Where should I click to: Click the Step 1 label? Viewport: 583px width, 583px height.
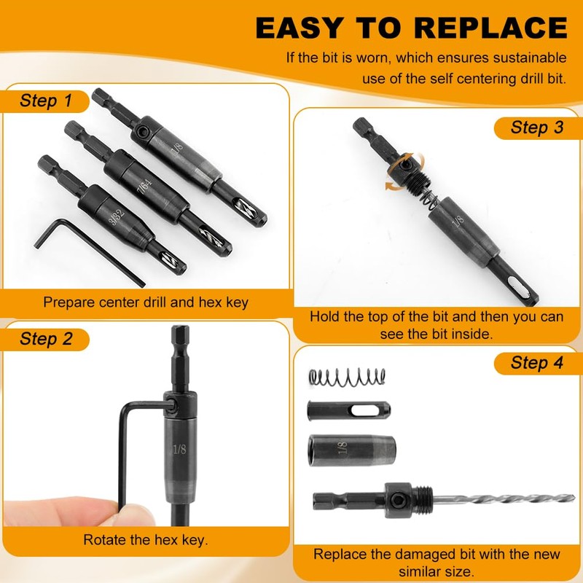click(45, 101)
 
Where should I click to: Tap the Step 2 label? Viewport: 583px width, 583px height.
click(45, 339)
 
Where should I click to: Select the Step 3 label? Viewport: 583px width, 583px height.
click(536, 128)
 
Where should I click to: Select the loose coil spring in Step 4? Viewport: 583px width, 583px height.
click(348, 377)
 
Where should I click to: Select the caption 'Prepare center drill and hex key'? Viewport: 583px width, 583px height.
click(146, 302)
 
